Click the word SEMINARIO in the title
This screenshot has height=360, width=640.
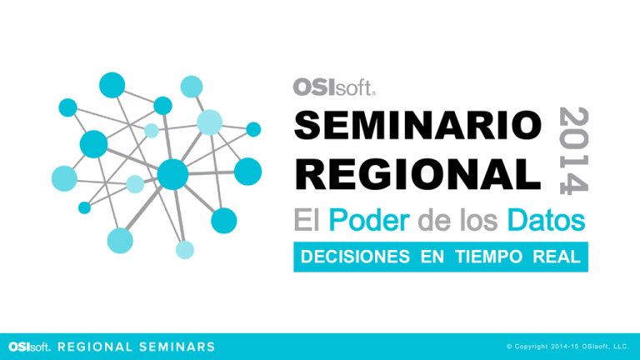[418, 125]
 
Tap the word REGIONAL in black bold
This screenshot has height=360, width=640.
[418, 174]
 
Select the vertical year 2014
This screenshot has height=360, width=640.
[573, 151]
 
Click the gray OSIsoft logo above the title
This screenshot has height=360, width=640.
[334, 87]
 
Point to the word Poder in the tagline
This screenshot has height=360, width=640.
[369, 220]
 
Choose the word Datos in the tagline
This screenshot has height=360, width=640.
[546, 220]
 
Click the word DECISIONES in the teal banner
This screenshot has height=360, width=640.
[355, 257]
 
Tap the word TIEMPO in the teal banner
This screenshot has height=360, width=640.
[488, 257]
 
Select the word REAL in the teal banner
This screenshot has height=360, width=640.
[557, 257]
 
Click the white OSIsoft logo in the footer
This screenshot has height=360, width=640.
[29, 347]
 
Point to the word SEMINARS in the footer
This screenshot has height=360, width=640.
[177, 347]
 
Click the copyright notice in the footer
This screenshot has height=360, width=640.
[567, 347]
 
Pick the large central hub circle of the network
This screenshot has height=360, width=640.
[172, 174]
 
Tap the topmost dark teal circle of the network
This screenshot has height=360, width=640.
[112, 85]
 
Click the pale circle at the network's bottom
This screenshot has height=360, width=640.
[185, 250]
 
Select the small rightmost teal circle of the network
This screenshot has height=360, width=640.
[253, 129]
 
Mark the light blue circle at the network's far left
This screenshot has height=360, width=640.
[64, 178]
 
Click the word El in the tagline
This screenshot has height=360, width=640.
[306, 220]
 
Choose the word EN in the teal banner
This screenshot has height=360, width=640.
[432, 257]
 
